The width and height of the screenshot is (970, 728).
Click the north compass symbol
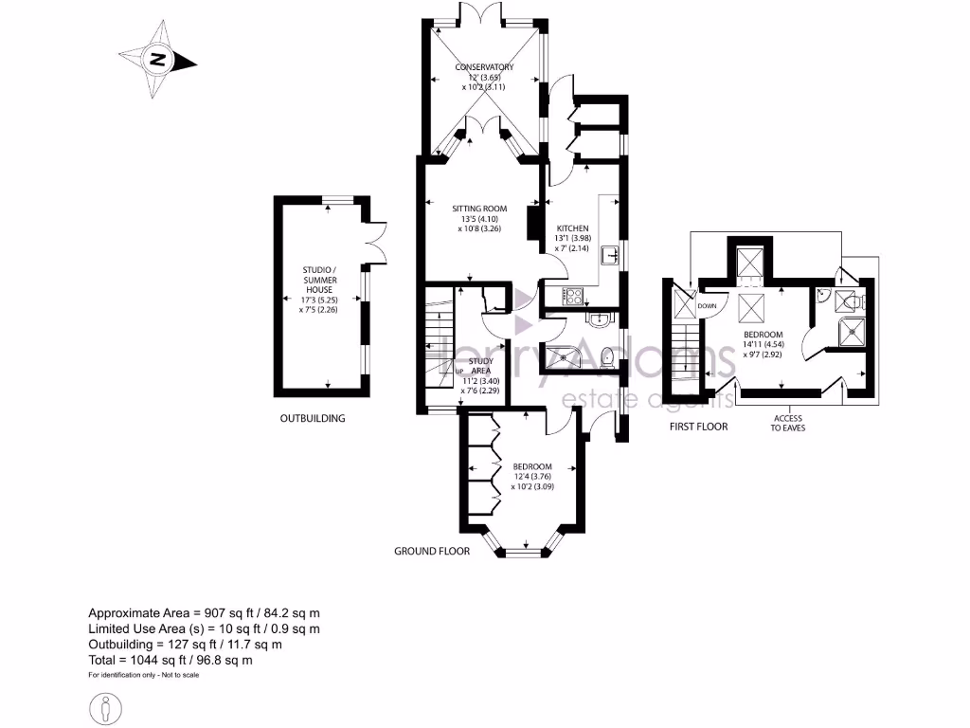pos(157,62)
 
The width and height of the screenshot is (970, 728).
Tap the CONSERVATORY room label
pos(484,76)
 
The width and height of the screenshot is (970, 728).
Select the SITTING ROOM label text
pos(480,218)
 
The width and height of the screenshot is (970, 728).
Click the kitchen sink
pos(611,254)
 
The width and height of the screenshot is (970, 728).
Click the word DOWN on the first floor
pos(707,306)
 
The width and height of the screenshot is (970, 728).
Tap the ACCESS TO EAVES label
pos(787,422)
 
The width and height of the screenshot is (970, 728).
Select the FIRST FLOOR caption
pos(698,427)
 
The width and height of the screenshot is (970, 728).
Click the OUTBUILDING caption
pos(312,418)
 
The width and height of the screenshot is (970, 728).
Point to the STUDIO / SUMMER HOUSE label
pos(319,288)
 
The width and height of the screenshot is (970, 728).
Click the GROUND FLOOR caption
pos(432,551)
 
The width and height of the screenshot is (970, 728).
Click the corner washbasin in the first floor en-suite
pos(825,297)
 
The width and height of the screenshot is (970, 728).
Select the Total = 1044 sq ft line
pos(170,659)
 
